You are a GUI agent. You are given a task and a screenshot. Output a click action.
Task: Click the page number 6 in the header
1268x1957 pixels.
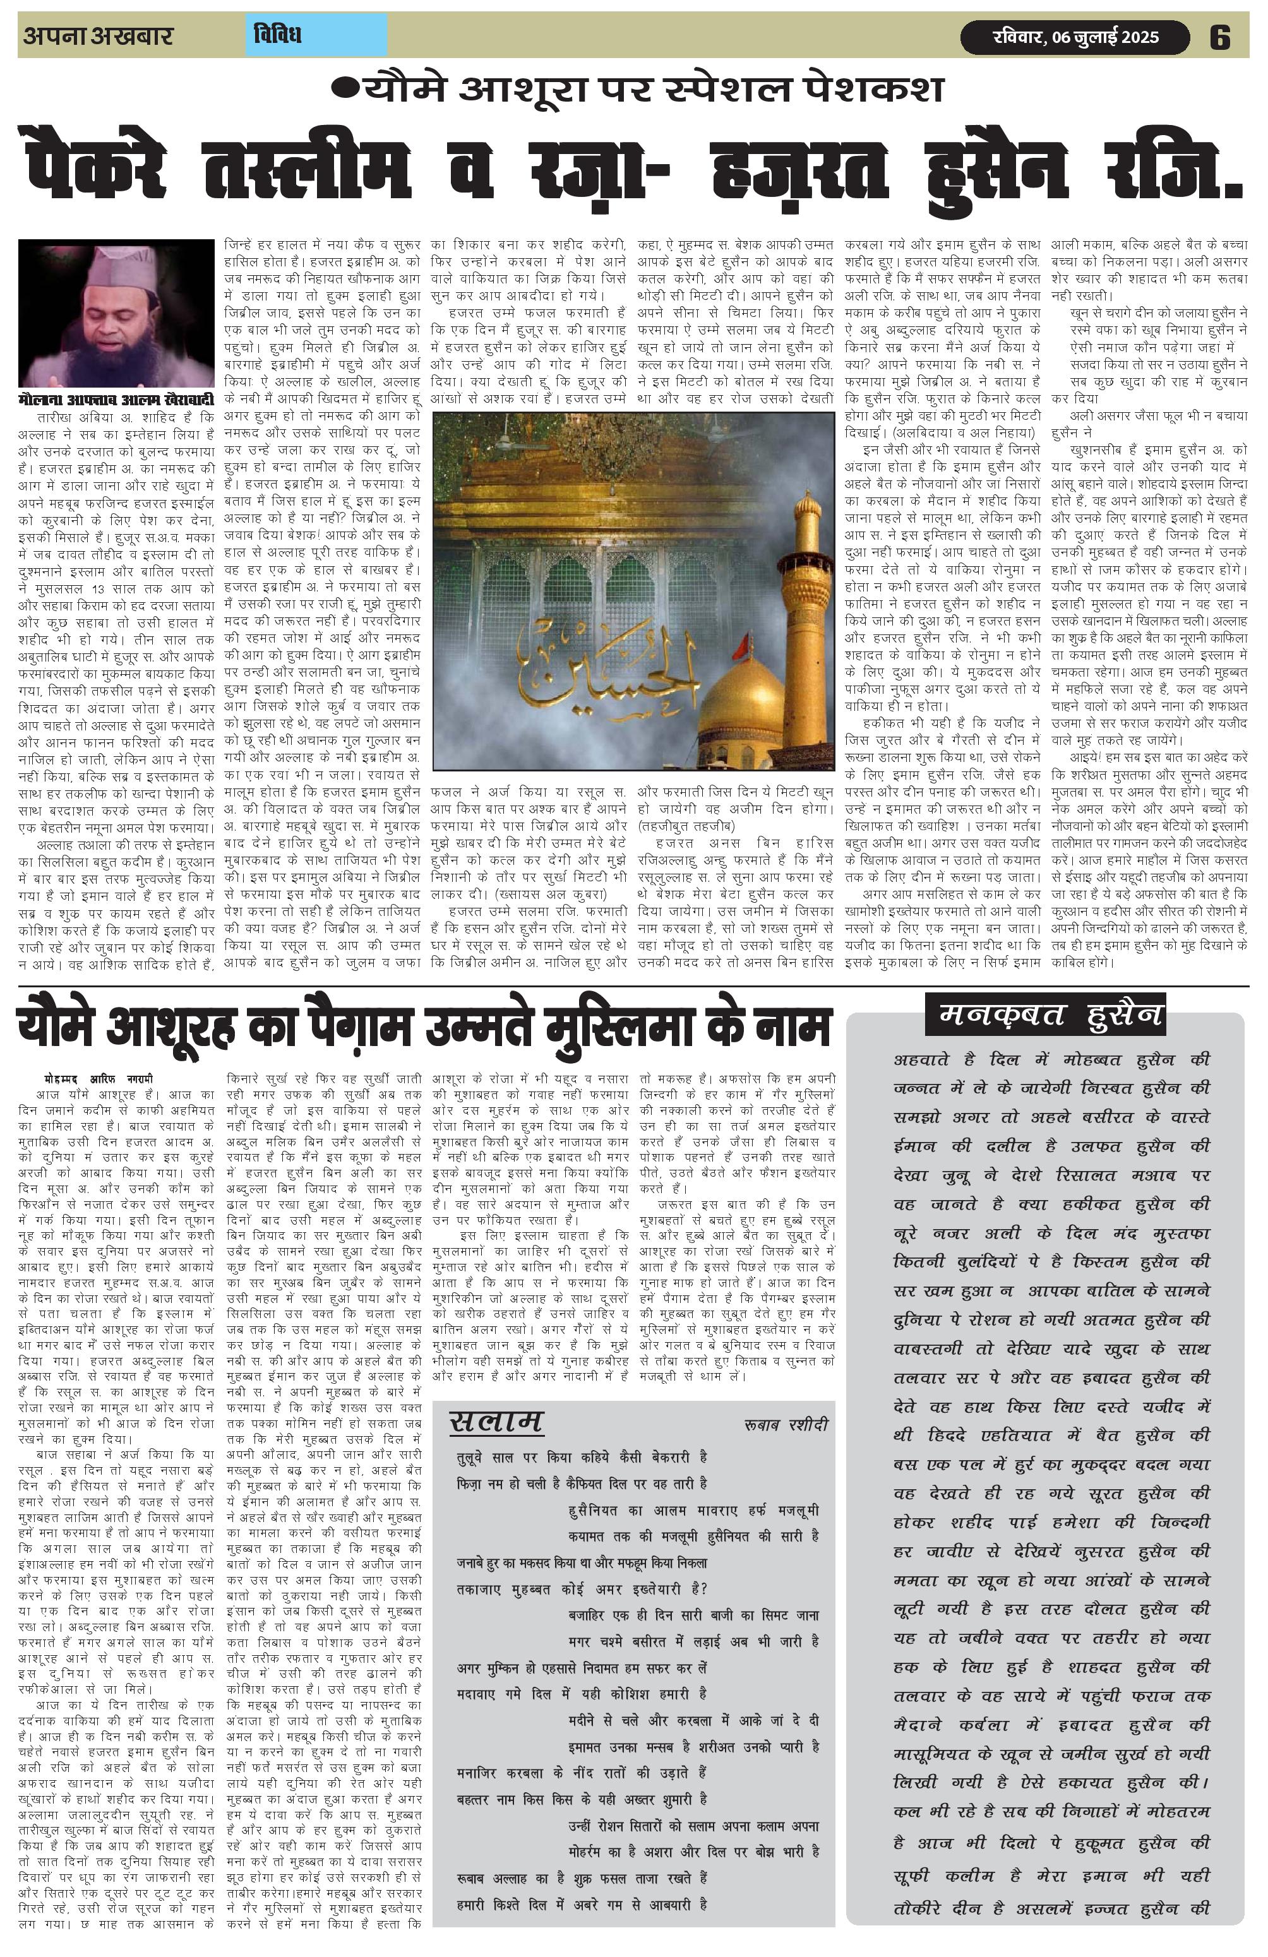pos(1220,38)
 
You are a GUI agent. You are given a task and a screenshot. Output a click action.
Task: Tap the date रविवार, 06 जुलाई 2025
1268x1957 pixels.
pos(1074,38)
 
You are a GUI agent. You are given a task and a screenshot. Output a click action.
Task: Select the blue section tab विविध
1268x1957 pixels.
pos(277,35)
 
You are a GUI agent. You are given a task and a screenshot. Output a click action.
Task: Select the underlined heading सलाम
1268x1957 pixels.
pos(496,1422)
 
